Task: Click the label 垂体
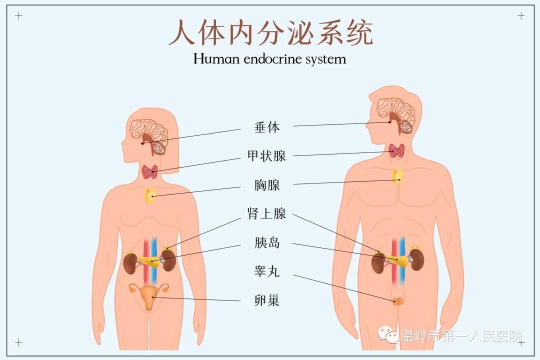[267, 127]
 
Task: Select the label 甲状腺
[267, 156]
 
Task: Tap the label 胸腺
[267, 185]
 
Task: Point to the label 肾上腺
[267, 213]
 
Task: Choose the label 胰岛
[267, 242]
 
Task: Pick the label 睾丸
[267, 271]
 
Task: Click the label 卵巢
[267, 300]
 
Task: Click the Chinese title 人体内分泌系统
[270, 32]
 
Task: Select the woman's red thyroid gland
[150, 172]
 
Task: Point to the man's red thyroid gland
[396, 150]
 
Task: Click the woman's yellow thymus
[150, 195]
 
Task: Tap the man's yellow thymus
[398, 176]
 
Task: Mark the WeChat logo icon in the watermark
[388, 334]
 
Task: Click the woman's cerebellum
[159, 148]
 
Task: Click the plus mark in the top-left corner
[19, 15]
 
